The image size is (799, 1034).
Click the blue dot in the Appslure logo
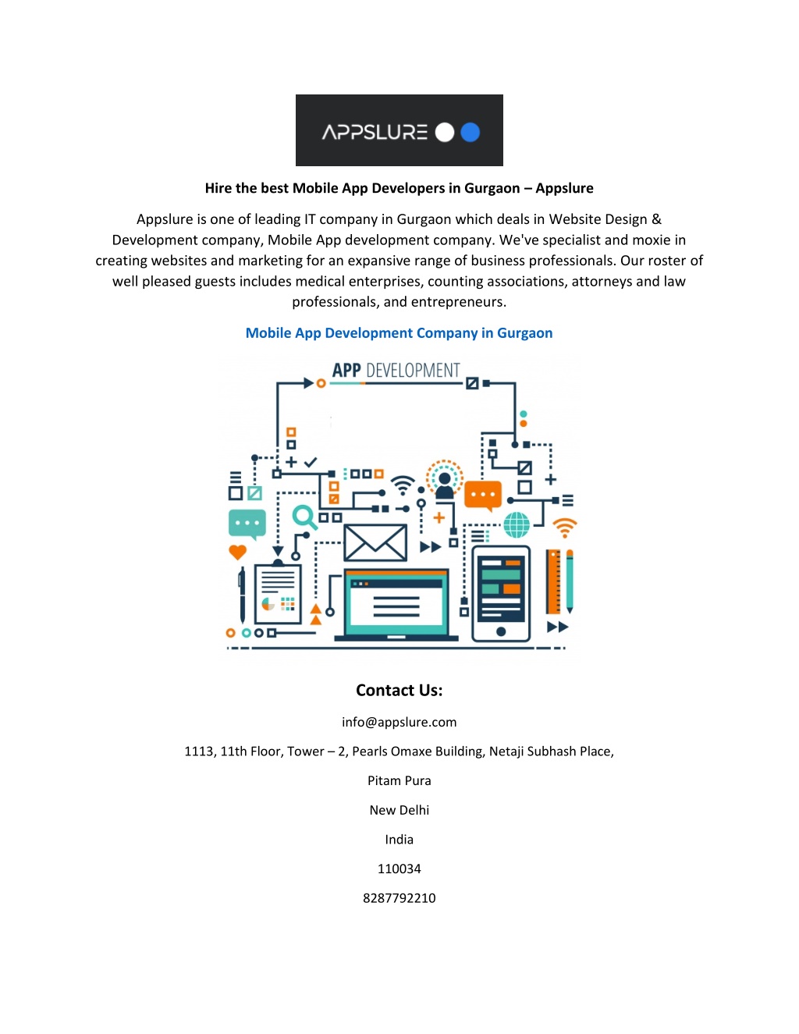point(470,132)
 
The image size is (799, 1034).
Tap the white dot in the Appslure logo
point(445,132)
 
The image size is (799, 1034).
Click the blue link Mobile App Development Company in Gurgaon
point(399,333)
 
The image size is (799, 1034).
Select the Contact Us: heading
point(399,690)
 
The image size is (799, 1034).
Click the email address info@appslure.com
point(399,723)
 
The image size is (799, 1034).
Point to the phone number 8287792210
point(399,898)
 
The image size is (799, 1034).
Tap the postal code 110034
point(399,869)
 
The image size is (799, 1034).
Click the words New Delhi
point(399,810)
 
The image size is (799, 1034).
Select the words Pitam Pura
point(399,780)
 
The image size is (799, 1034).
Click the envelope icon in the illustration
point(375,542)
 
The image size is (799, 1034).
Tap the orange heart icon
point(237,552)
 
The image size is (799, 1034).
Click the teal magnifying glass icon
point(304,517)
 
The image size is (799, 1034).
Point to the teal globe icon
point(517,525)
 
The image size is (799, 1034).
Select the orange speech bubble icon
point(483,496)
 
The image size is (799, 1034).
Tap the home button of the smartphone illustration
point(501,631)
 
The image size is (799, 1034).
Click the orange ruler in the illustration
point(553,581)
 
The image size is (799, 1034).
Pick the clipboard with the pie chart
point(278,592)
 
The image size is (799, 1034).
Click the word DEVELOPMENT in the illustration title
point(413,371)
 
